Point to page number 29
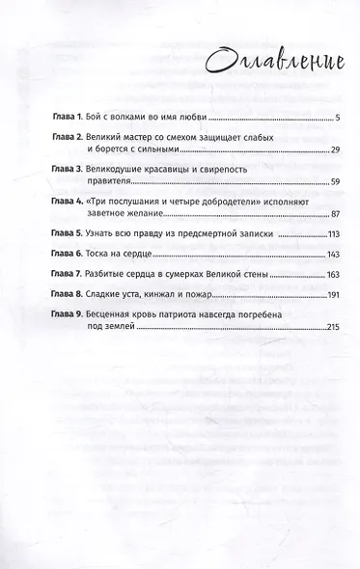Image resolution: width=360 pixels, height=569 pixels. click(327, 152)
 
